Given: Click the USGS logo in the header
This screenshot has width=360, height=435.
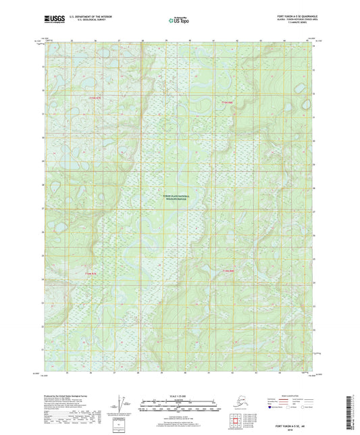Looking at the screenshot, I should (x=53, y=17).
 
